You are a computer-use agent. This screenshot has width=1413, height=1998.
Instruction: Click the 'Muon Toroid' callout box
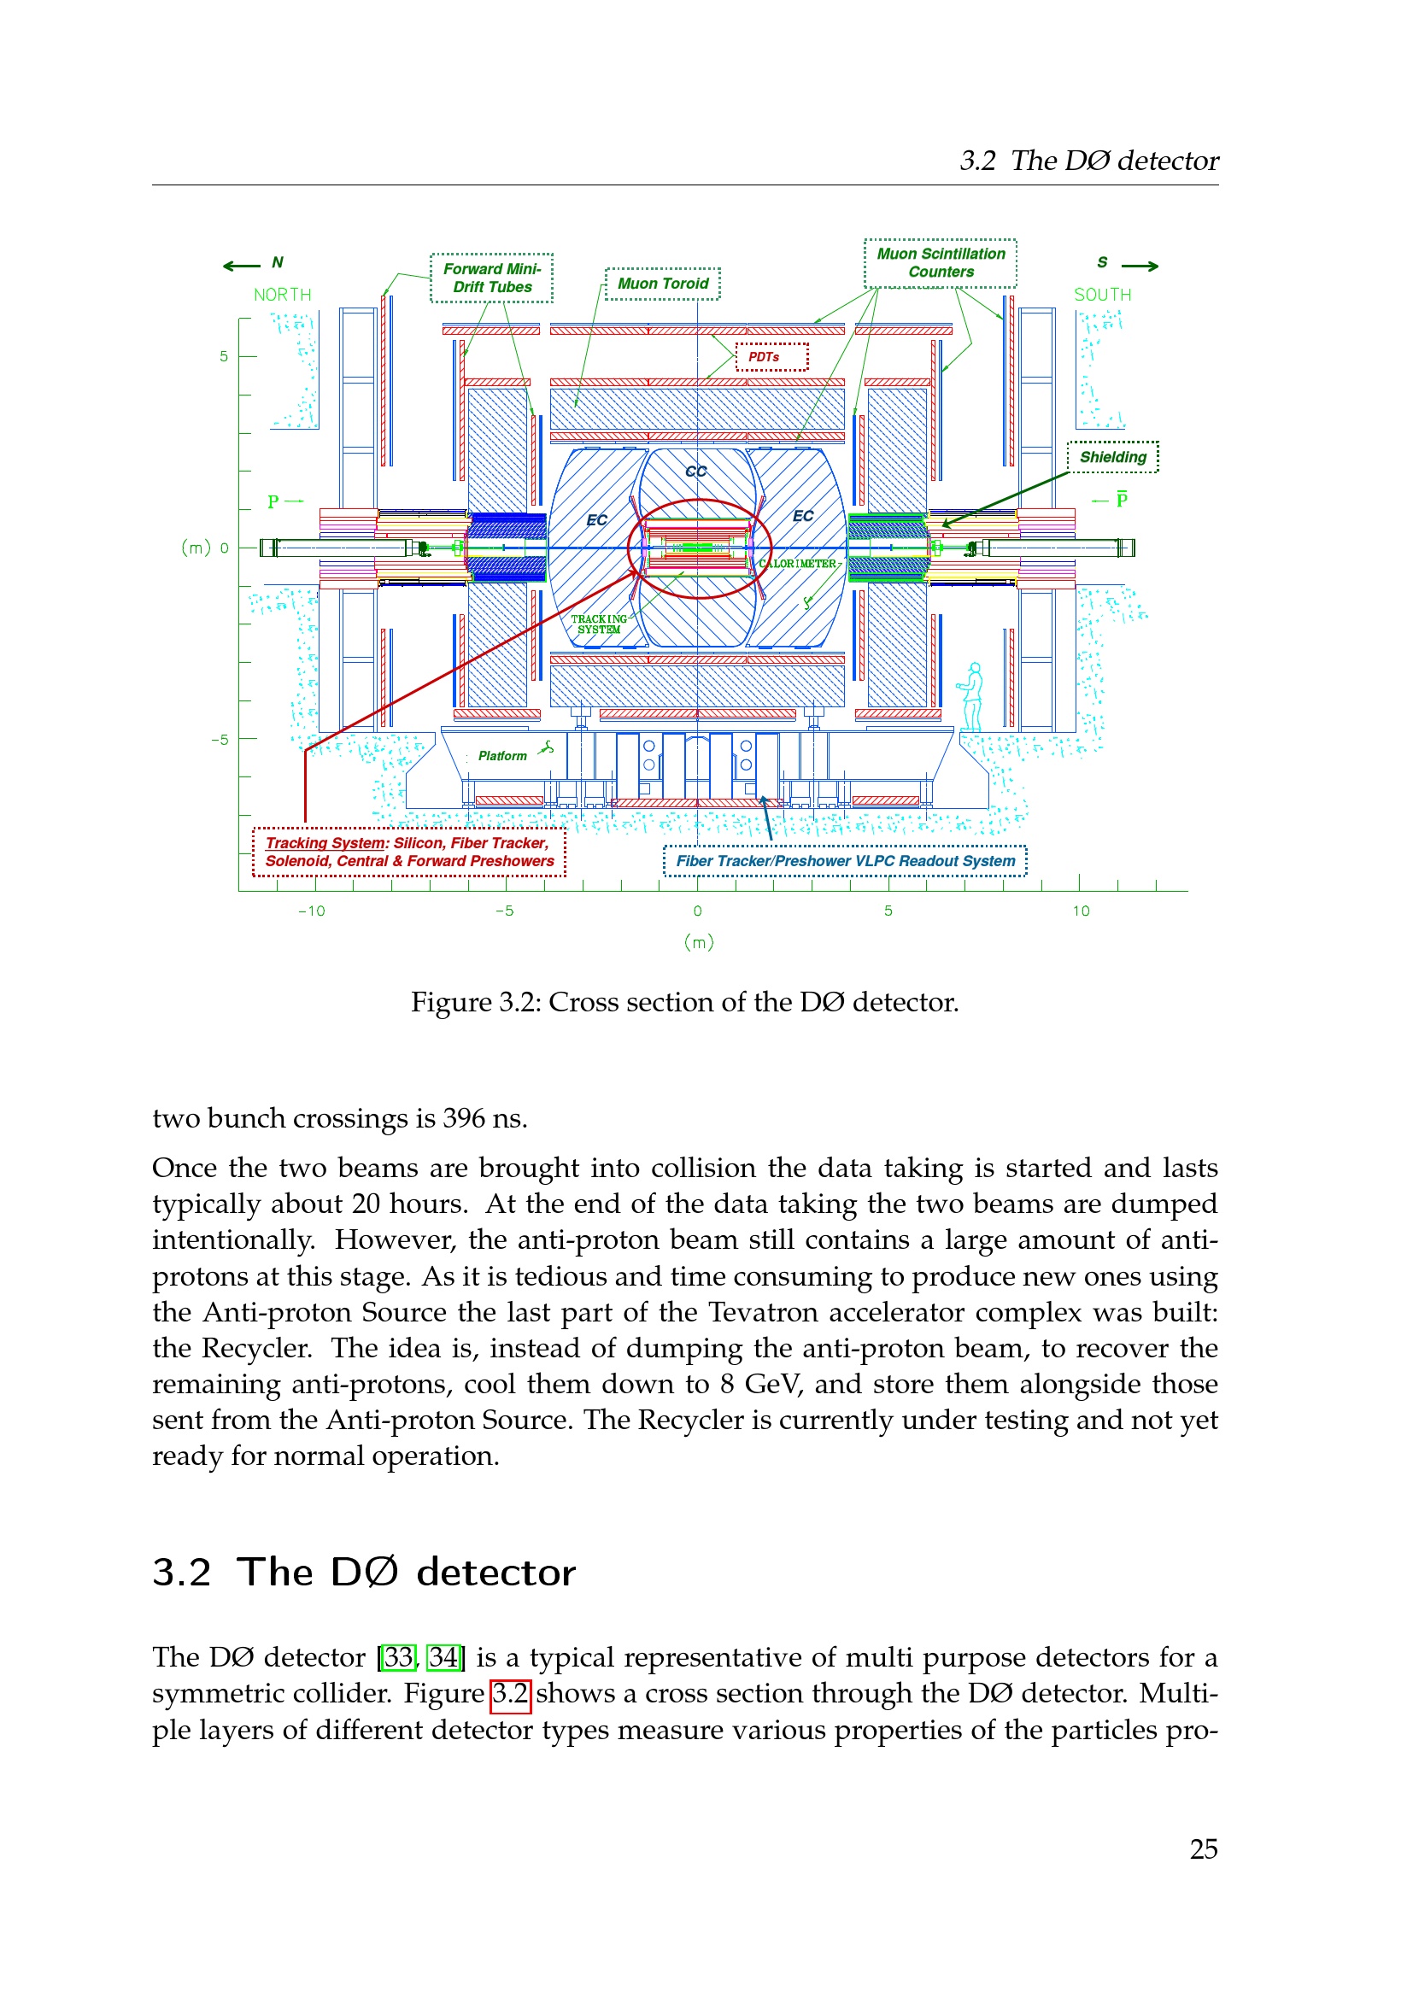pos(662,284)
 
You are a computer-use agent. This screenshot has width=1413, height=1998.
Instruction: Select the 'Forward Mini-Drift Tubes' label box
pos(491,278)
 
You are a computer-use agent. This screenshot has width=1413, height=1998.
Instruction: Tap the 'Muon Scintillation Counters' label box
pos(940,263)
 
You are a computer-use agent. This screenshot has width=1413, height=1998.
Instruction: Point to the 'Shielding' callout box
pos(1112,457)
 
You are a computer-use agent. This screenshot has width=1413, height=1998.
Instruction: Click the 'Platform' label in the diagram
pos(502,756)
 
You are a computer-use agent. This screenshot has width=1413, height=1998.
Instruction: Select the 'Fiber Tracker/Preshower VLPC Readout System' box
pos(845,861)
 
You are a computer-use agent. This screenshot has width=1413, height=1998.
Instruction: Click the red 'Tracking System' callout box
pos(409,852)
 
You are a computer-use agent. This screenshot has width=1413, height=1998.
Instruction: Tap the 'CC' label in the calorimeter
pos(695,472)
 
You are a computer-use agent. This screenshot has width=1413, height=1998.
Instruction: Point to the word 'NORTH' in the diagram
pos(282,295)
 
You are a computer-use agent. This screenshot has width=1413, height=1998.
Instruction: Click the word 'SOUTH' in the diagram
pos(1102,295)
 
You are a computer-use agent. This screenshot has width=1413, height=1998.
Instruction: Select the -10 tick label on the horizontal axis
pos(312,911)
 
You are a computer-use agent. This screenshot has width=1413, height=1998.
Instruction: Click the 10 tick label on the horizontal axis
pos(1081,911)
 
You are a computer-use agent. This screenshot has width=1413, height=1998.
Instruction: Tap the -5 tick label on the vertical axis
pos(220,740)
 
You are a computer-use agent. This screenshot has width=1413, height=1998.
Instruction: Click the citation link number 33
pos(399,1657)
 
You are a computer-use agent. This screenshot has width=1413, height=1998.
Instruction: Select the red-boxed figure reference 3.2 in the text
pos(510,1693)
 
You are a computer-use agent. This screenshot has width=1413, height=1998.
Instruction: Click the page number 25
pos(1204,1849)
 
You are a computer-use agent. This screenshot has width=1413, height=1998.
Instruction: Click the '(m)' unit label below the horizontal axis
pos(699,941)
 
